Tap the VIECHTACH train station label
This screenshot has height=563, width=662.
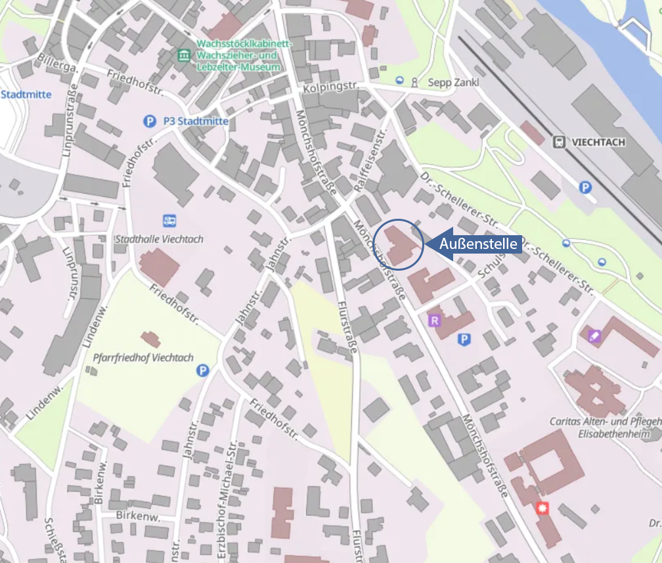coord(598,142)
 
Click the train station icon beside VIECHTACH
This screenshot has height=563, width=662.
coord(560,142)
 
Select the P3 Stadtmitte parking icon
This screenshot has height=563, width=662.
coord(150,121)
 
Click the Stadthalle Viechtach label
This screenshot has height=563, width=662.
coord(159,239)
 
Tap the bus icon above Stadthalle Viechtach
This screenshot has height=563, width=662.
coord(169,221)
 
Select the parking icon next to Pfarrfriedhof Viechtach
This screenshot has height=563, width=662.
coord(203,371)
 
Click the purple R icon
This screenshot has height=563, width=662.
coord(433,321)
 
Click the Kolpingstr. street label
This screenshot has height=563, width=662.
coord(324,87)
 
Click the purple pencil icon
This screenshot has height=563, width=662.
coord(594,336)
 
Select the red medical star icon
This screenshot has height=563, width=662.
coord(542,507)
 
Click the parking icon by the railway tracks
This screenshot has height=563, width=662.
coord(585,188)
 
